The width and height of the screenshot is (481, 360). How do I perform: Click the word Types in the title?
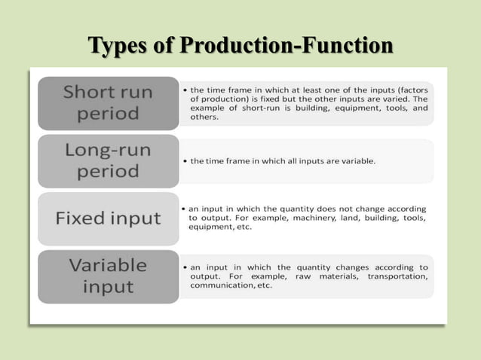115,46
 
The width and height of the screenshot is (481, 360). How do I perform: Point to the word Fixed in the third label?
82,218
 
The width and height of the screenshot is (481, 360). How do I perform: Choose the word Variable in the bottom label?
107,265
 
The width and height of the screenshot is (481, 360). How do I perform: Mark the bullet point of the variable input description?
185,267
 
